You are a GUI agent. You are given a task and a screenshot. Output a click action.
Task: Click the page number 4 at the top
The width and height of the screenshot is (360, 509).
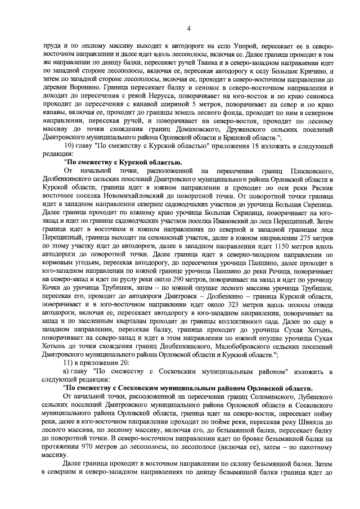(180, 28)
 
